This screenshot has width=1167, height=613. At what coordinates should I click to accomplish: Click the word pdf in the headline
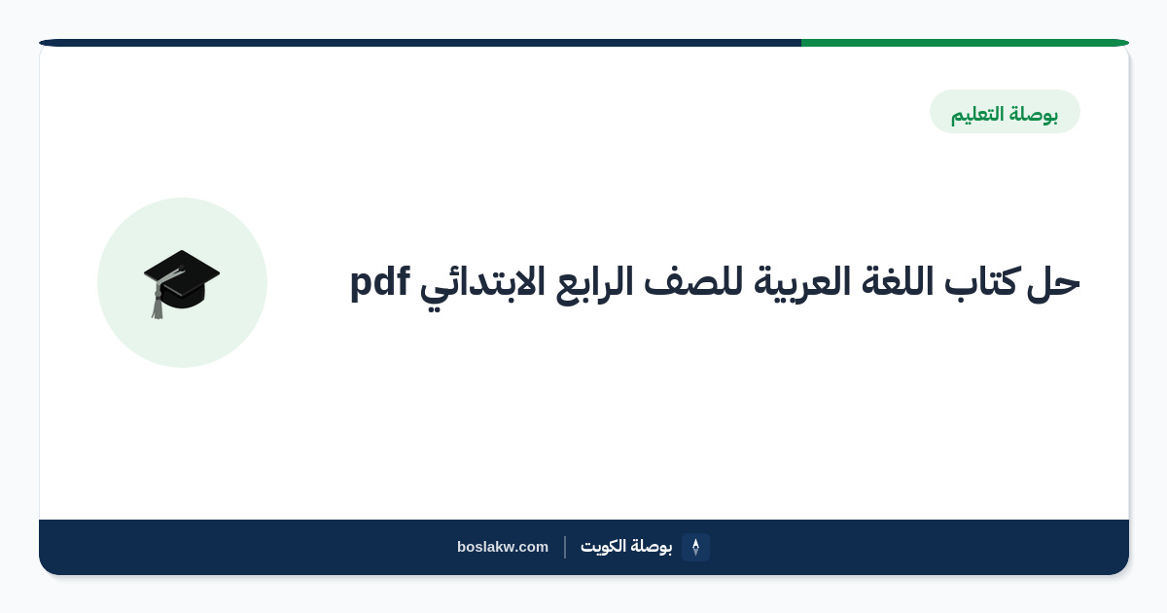[380, 283]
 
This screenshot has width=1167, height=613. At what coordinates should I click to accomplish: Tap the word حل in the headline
[1053, 284]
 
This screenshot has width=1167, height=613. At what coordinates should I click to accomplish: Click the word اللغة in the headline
[897, 281]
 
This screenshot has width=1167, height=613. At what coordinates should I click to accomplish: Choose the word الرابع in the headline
[594, 284]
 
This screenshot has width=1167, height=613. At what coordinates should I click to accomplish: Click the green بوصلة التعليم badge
[1005, 112]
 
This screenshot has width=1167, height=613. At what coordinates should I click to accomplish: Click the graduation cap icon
[181, 283]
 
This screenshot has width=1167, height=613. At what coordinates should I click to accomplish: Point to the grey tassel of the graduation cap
[159, 300]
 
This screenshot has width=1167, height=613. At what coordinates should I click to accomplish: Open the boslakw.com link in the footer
[503, 547]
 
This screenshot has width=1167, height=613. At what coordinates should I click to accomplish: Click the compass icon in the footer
[695, 547]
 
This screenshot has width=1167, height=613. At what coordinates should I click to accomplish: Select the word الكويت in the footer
[603, 546]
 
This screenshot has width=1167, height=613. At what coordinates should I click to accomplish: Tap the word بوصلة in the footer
[651, 546]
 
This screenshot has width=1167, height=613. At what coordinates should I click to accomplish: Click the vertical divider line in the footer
[565, 547]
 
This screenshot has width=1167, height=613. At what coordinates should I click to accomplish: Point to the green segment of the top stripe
[965, 43]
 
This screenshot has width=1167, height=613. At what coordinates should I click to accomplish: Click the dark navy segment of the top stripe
[420, 43]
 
